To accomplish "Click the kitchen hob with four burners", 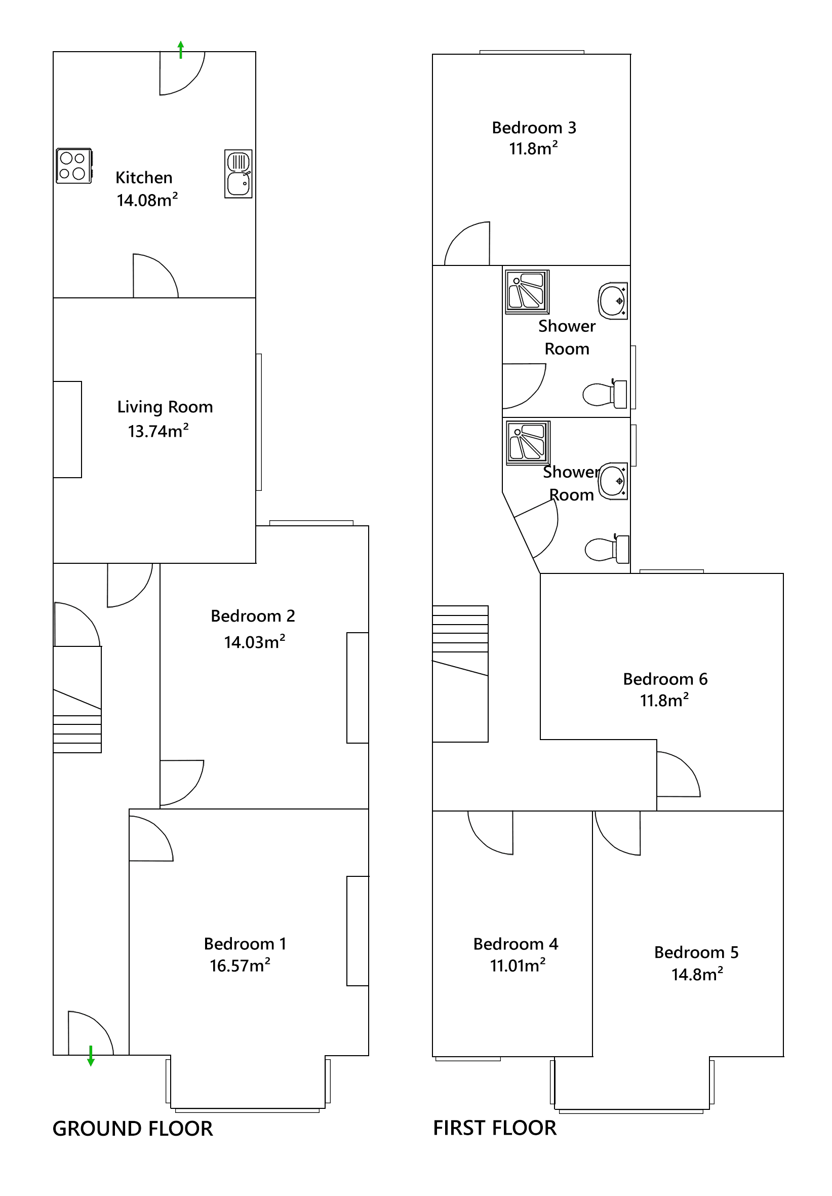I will point(73,166).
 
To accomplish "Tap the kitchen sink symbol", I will point(238,173).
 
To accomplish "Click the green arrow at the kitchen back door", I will point(181,50).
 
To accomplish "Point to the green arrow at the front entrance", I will point(91,1055).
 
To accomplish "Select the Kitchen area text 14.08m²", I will point(147,200).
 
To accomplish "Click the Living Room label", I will point(165,407).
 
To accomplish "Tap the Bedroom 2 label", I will point(253,615).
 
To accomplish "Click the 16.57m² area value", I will point(240,965).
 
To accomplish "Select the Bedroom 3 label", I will point(534,128).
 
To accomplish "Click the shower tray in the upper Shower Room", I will point(527,292).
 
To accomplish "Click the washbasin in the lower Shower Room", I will point(613,481).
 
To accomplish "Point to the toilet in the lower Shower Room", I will point(607,549).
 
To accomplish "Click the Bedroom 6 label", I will point(665,679).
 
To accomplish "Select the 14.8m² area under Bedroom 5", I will point(697,974).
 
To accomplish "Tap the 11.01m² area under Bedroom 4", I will point(517,965).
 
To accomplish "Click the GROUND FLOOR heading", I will point(132,1129).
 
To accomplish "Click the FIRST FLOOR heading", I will point(495,1128).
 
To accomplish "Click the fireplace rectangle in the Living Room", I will point(67,429).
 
